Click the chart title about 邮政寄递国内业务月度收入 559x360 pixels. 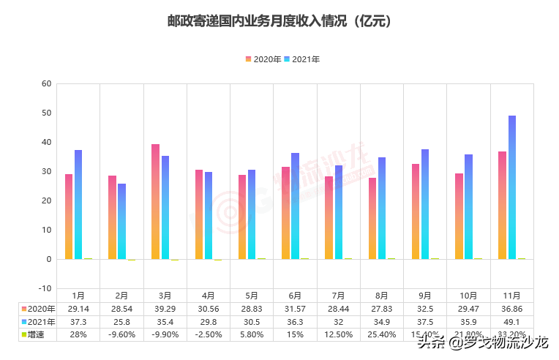pyautogui.click(x=279, y=21)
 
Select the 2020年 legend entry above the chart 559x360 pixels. pyautogui.click(x=263, y=59)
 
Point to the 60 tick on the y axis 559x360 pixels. pyautogui.click(x=45, y=83)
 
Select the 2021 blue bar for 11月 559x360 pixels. pyautogui.click(x=512, y=187)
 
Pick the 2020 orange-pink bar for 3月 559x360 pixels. pyautogui.click(x=155, y=201)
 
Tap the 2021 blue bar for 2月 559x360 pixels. pyautogui.click(x=121, y=221)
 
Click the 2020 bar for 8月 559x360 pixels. pyautogui.click(x=372, y=218)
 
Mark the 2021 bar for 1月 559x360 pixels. pyautogui.click(x=78, y=204)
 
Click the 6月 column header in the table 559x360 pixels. pyautogui.click(x=295, y=296)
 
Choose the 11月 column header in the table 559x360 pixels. pyautogui.click(x=512, y=296)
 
